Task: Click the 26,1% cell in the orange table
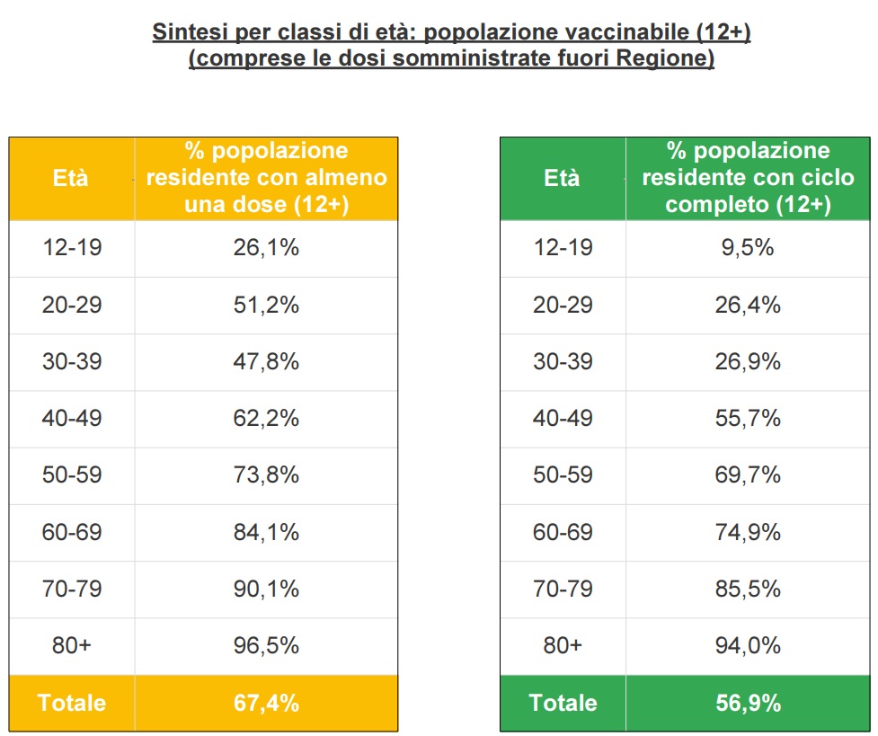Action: [x=266, y=248]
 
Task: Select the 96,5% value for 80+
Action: [x=266, y=645]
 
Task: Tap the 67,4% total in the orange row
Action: [x=266, y=703]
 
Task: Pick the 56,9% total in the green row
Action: [x=748, y=703]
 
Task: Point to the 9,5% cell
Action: [x=748, y=248]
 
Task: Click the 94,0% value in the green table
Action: [x=748, y=645]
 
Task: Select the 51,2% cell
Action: [x=266, y=305]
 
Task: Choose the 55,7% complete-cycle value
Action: [x=748, y=419]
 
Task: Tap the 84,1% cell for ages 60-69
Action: [x=266, y=532]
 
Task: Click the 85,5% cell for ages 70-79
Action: [x=748, y=589]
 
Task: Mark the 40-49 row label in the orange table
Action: [x=72, y=419]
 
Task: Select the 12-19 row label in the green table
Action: [x=563, y=248]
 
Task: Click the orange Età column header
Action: [x=72, y=178]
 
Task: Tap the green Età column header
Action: [x=563, y=178]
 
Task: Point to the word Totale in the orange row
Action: [x=72, y=703]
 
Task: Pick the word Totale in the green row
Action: [x=563, y=703]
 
